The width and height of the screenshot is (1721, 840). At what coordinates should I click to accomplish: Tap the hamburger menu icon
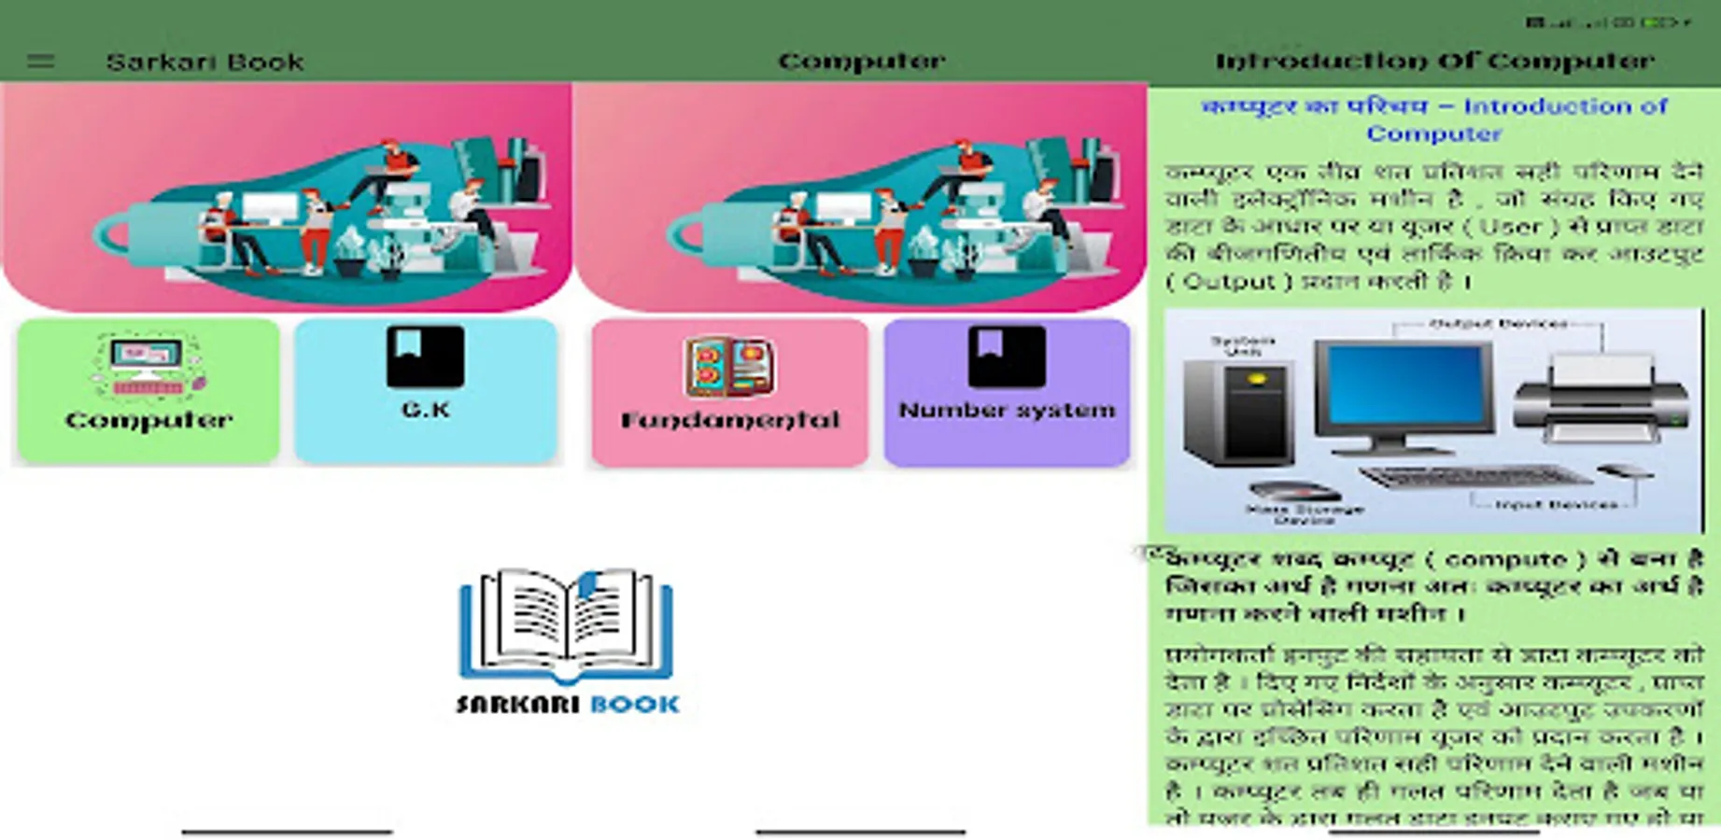40,62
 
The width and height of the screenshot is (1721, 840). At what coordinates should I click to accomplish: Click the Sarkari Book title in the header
205,62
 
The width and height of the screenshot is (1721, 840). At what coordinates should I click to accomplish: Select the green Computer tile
148,390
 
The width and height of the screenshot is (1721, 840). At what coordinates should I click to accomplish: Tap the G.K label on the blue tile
426,410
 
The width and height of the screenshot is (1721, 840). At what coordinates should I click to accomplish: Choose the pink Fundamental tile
729,392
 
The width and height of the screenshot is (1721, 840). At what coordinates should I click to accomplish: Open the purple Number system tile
1007,392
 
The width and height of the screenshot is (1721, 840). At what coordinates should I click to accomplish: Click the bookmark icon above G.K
426,356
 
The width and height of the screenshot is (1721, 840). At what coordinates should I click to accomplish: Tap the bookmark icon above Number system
1007,356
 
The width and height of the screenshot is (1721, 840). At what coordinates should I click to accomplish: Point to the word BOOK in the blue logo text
635,705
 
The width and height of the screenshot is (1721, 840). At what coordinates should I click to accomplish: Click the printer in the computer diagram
1601,397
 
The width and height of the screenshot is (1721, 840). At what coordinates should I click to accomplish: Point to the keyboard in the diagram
1475,477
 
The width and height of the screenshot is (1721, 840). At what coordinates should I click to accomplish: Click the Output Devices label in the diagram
1498,324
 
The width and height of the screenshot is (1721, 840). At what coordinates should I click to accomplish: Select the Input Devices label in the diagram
1556,505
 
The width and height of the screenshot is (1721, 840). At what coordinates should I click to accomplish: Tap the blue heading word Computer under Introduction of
1433,133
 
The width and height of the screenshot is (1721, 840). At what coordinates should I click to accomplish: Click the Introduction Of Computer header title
1434,62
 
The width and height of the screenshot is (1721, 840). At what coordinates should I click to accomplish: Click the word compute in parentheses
1505,559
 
